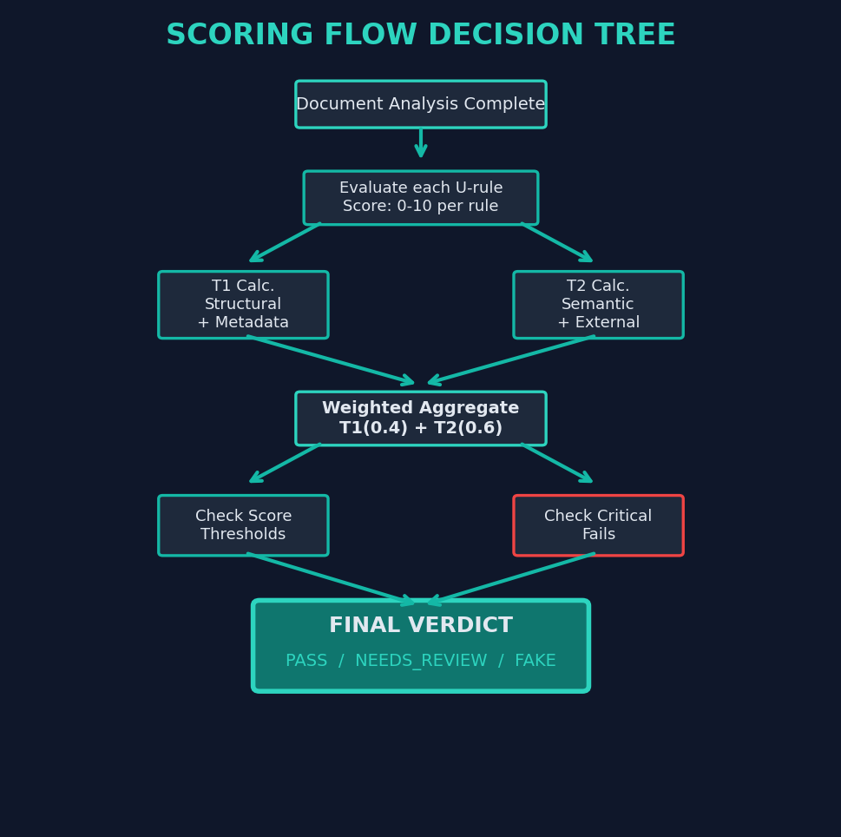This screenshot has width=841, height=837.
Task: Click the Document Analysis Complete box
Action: [420, 104]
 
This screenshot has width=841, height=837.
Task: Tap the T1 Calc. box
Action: [243, 305]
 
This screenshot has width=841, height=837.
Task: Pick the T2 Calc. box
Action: [598, 305]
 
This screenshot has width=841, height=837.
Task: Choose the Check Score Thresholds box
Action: [243, 525]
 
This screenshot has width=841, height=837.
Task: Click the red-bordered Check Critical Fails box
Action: [598, 525]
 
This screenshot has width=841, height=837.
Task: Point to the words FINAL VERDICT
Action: [420, 626]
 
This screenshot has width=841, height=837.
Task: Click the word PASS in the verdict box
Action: [306, 661]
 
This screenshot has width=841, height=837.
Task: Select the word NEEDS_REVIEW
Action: [421, 661]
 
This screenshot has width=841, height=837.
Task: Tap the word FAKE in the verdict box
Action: [535, 661]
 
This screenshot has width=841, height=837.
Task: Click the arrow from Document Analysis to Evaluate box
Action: [421, 143]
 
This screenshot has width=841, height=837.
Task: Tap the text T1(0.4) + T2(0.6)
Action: [420, 428]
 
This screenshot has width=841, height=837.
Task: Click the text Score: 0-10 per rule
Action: [420, 207]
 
